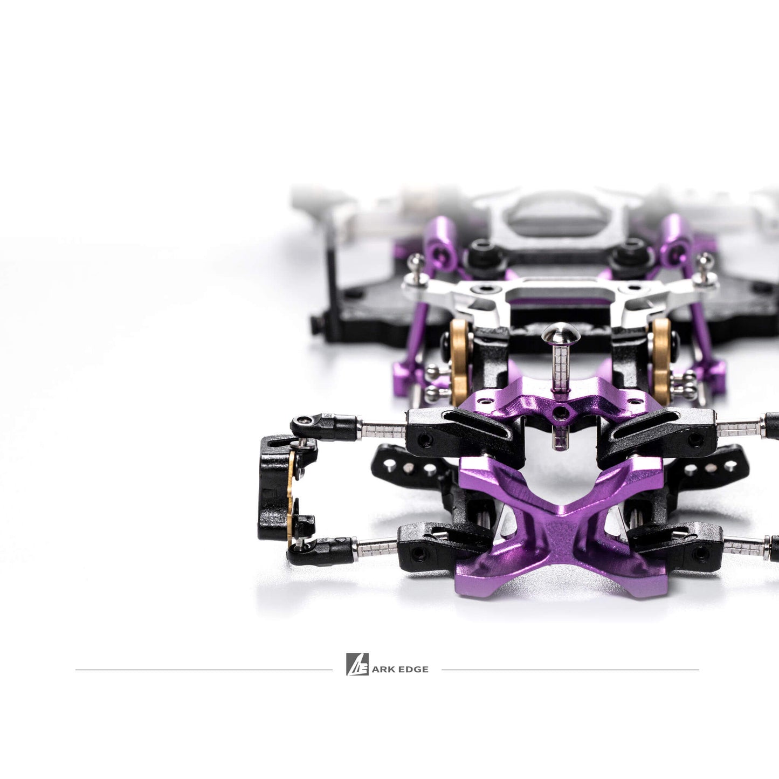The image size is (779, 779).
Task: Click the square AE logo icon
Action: coord(357,664)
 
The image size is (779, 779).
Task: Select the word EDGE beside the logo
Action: coord(414,670)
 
